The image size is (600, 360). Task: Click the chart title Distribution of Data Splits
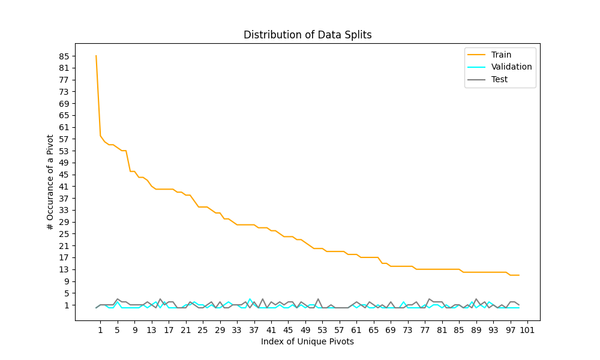pos(308,35)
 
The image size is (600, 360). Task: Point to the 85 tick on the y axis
pos(64,56)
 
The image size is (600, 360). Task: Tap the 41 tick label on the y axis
pos(64,187)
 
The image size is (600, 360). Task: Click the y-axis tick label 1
pos(67,305)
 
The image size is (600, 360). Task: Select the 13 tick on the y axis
pos(64,270)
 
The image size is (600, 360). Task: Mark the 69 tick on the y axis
pos(64,104)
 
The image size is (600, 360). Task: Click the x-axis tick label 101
pos(527,330)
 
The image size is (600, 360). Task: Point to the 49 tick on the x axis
pos(305,330)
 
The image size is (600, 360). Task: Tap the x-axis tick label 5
pos(118,330)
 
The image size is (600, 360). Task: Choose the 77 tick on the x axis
pos(425,330)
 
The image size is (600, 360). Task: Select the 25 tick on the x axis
pos(203,330)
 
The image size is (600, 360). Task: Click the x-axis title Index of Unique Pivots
pos(307,341)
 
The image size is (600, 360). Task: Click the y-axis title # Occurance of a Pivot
pos(50,182)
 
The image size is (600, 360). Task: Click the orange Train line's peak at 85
pos(96,56)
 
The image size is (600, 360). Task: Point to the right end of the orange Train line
pos(519,275)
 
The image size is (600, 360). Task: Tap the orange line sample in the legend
pos(476,55)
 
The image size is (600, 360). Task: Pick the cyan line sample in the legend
pos(476,67)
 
